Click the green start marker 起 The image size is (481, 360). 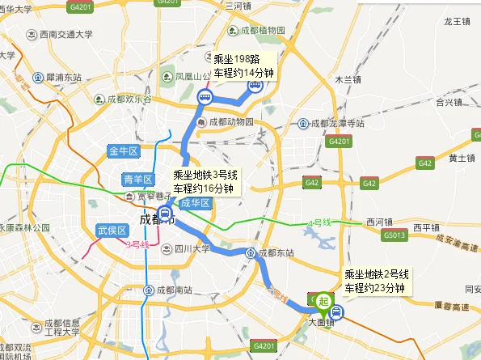(324, 302)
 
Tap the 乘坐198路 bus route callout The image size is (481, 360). (243, 66)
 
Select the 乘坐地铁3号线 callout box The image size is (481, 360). (206, 181)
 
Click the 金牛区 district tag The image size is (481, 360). (124, 151)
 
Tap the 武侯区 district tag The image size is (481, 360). (112, 231)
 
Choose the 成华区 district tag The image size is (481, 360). (195, 204)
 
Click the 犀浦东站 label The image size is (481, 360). (59, 78)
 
